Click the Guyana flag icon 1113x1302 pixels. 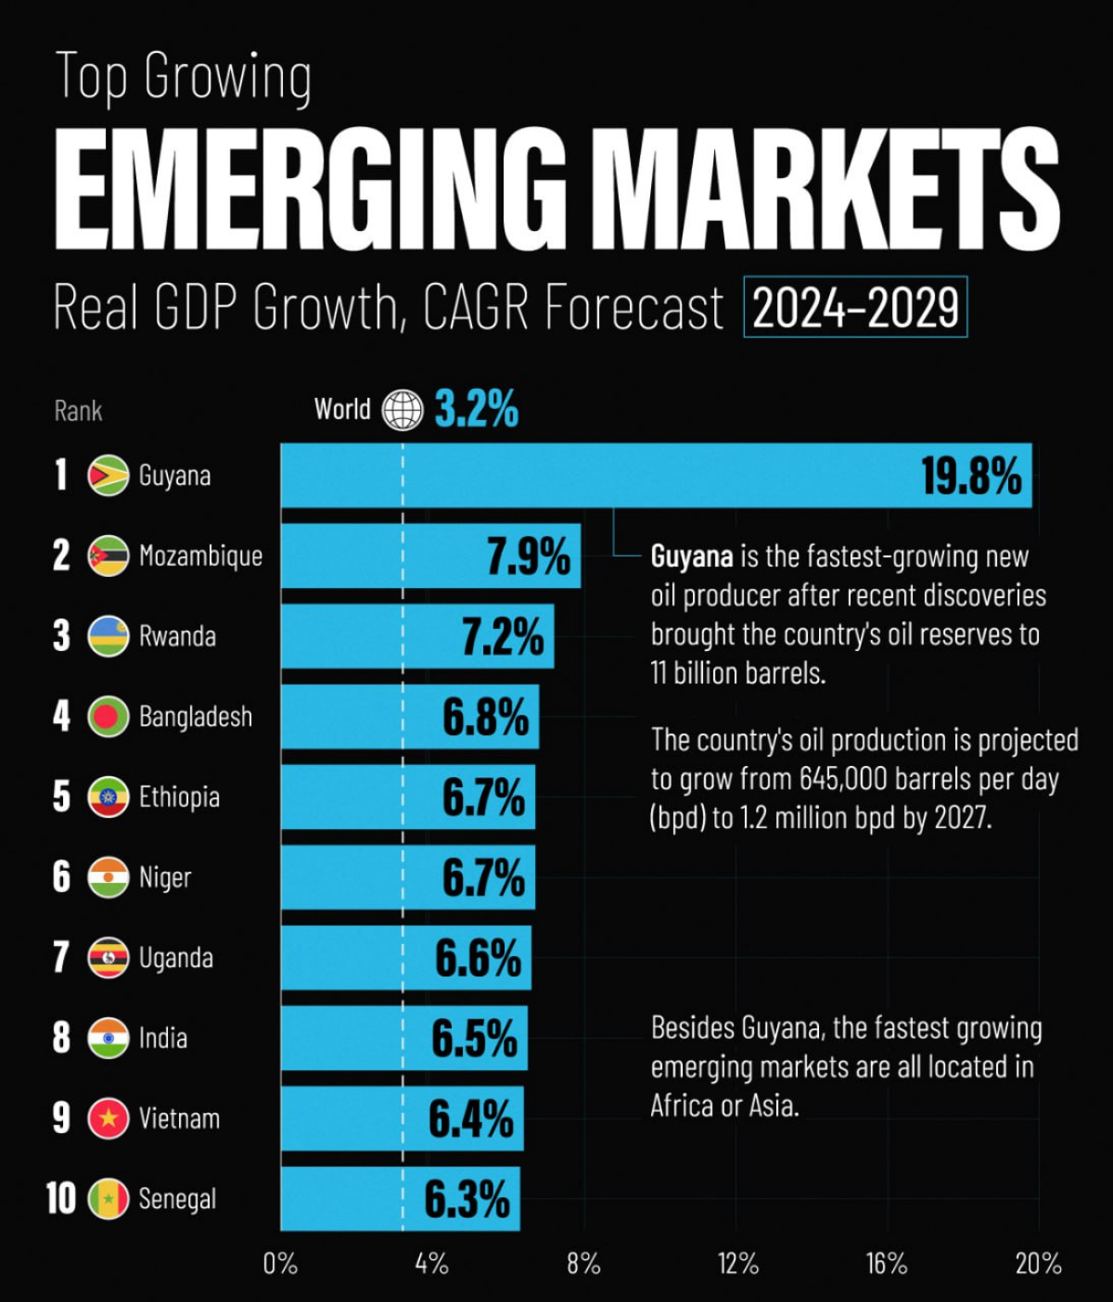click(x=109, y=476)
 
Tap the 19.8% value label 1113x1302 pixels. click(x=970, y=476)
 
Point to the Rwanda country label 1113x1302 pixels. click(x=177, y=636)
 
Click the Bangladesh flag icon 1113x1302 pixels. click(x=109, y=717)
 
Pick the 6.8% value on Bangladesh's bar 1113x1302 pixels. click(x=485, y=717)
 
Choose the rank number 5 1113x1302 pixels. click(x=61, y=797)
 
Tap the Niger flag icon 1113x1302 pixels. click(x=109, y=877)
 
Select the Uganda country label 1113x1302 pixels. click(x=176, y=958)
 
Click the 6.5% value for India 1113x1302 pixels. click(x=474, y=1038)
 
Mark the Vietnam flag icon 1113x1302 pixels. click(x=109, y=1118)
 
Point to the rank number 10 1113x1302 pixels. click(x=60, y=1198)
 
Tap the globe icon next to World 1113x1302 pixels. click(x=403, y=409)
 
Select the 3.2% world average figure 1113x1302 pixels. click(x=476, y=409)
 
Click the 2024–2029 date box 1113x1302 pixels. click(x=855, y=307)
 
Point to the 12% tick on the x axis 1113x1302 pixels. click(x=737, y=1263)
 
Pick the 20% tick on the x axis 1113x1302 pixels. click(x=1038, y=1263)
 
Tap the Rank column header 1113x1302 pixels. click(x=78, y=411)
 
